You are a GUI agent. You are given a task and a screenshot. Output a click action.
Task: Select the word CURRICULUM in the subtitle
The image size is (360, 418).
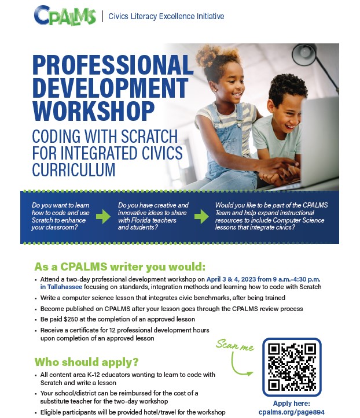click(74, 169)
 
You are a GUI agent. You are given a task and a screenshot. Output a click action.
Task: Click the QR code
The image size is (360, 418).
click(292, 366)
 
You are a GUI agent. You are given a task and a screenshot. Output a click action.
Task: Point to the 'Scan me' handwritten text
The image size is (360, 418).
click(234, 345)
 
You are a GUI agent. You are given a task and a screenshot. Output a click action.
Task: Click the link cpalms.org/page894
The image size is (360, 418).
click(292, 412)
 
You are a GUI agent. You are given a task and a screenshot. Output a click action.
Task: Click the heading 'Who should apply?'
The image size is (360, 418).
click(87, 362)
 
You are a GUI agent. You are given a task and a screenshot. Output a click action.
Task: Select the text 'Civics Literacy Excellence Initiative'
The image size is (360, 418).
click(167, 16)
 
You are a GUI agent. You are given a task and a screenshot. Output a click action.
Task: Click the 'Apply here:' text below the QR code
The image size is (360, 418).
click(292, 403)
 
